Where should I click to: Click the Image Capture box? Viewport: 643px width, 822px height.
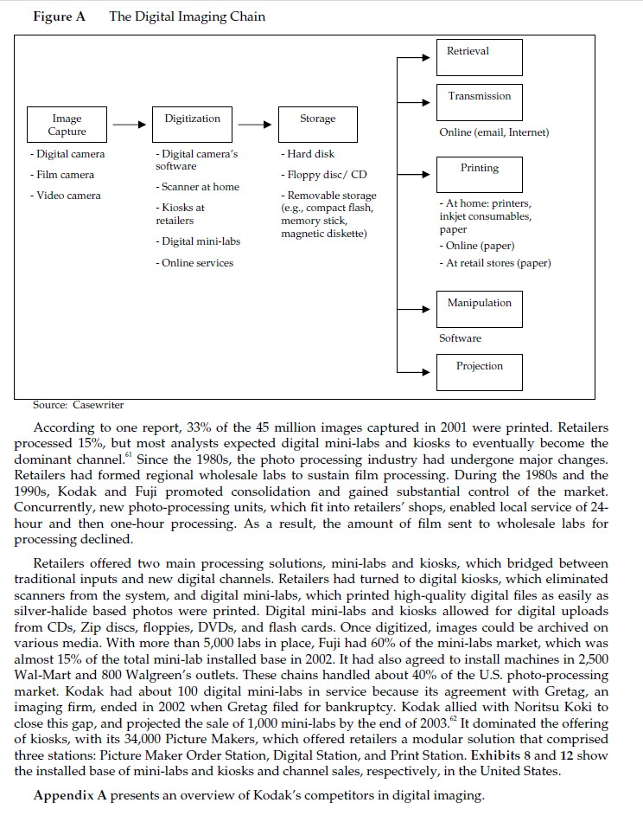click(x=67, y=125)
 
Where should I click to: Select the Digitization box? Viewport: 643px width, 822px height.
click(x=192, y=125)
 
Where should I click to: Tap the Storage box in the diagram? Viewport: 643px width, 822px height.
click(x=317, y=125)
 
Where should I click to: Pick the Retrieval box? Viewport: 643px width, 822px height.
click(x=479, y=56)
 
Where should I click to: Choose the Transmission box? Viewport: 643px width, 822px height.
click(x=479, y=102)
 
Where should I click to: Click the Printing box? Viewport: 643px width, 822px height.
click(x=479, y=175)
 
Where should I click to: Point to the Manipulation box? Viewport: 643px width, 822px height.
click(x=479, y=309)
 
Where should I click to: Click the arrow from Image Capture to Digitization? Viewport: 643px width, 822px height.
click(x=130, y=125)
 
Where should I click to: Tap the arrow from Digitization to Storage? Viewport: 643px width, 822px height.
click(x=255, y=125)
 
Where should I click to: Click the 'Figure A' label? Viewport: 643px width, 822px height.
click(x=59, y=16)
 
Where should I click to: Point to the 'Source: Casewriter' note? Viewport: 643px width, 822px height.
click(x=79, y=404)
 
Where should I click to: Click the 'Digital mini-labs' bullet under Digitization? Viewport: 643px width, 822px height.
click(x=198, y=241)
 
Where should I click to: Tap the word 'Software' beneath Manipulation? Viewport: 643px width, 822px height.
click(x=460, y=338)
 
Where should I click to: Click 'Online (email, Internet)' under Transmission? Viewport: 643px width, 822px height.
click(x=493, y=132)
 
